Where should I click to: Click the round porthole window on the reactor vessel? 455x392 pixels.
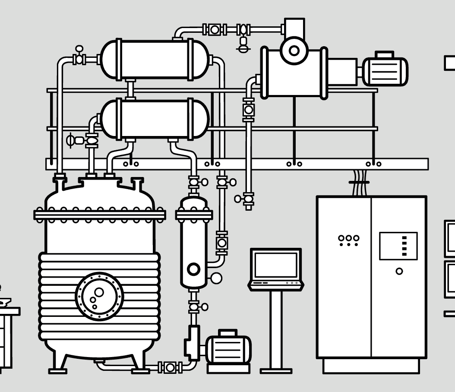point(99,296)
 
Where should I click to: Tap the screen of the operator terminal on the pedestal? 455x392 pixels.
point(276,265)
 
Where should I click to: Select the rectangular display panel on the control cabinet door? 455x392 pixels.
point(398,246)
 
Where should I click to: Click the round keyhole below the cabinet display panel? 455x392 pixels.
point(399,271)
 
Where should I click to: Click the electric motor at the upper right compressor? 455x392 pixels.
point(385,71)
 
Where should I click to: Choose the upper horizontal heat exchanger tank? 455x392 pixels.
point(155,60)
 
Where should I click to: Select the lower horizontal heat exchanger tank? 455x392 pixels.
point(155,119)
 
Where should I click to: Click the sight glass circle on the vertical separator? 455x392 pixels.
point(194,269)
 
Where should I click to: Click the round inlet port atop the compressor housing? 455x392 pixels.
point(294,51)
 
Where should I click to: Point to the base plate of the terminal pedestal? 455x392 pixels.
point(276,370)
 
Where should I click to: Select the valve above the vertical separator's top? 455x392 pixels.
point(194,182)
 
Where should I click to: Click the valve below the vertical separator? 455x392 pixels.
point(194,307)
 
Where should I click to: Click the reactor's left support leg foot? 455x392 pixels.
point(57,370)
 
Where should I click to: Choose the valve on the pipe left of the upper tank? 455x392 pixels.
point(79,58)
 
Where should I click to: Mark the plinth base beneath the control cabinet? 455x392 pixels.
point(371,366)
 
